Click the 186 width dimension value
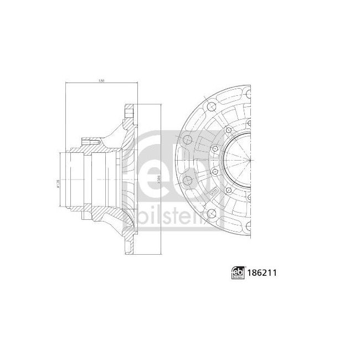[101, 81]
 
